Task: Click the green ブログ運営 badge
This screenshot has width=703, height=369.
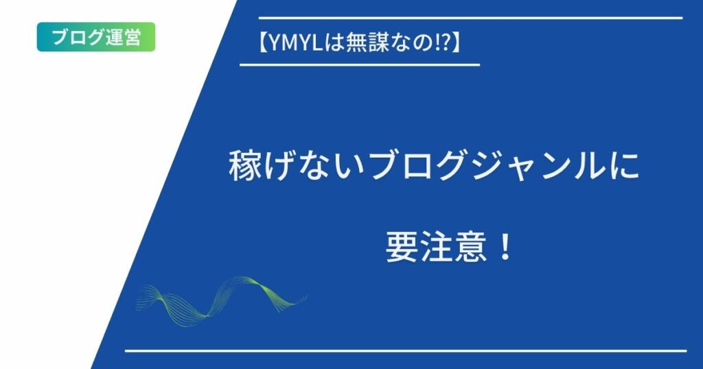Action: pyautogui.click(x=96, y=37)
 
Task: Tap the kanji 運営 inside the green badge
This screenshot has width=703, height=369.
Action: pyautogui.click(x=124, y=37)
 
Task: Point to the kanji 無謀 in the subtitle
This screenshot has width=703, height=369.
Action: pyautogui.click(x=362, y=44)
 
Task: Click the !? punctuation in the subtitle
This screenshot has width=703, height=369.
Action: pyautogui.click(x=441, y=44)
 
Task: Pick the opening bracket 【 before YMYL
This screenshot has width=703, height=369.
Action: pyautogui.click(x=263, y=44)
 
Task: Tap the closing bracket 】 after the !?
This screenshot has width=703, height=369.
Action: pyautogui.click(x=456, y=44)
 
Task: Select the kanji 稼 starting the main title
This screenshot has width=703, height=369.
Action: pyautogui.click(x=245, y=167)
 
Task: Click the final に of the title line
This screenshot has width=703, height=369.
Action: pyautogui.click(x=625, y=167)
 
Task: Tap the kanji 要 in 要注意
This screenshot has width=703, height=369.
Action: pyautogui.click(x=402, y=247)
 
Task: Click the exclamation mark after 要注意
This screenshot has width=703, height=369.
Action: pyautogui.click(x=505, y=247)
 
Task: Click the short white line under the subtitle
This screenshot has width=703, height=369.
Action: pyautogui.click(x=360, y=65)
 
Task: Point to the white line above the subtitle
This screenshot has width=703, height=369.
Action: pyautogui.click(x=471, y=18)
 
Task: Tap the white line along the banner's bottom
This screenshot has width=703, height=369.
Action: pyautogui.click(x=405, y=351)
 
